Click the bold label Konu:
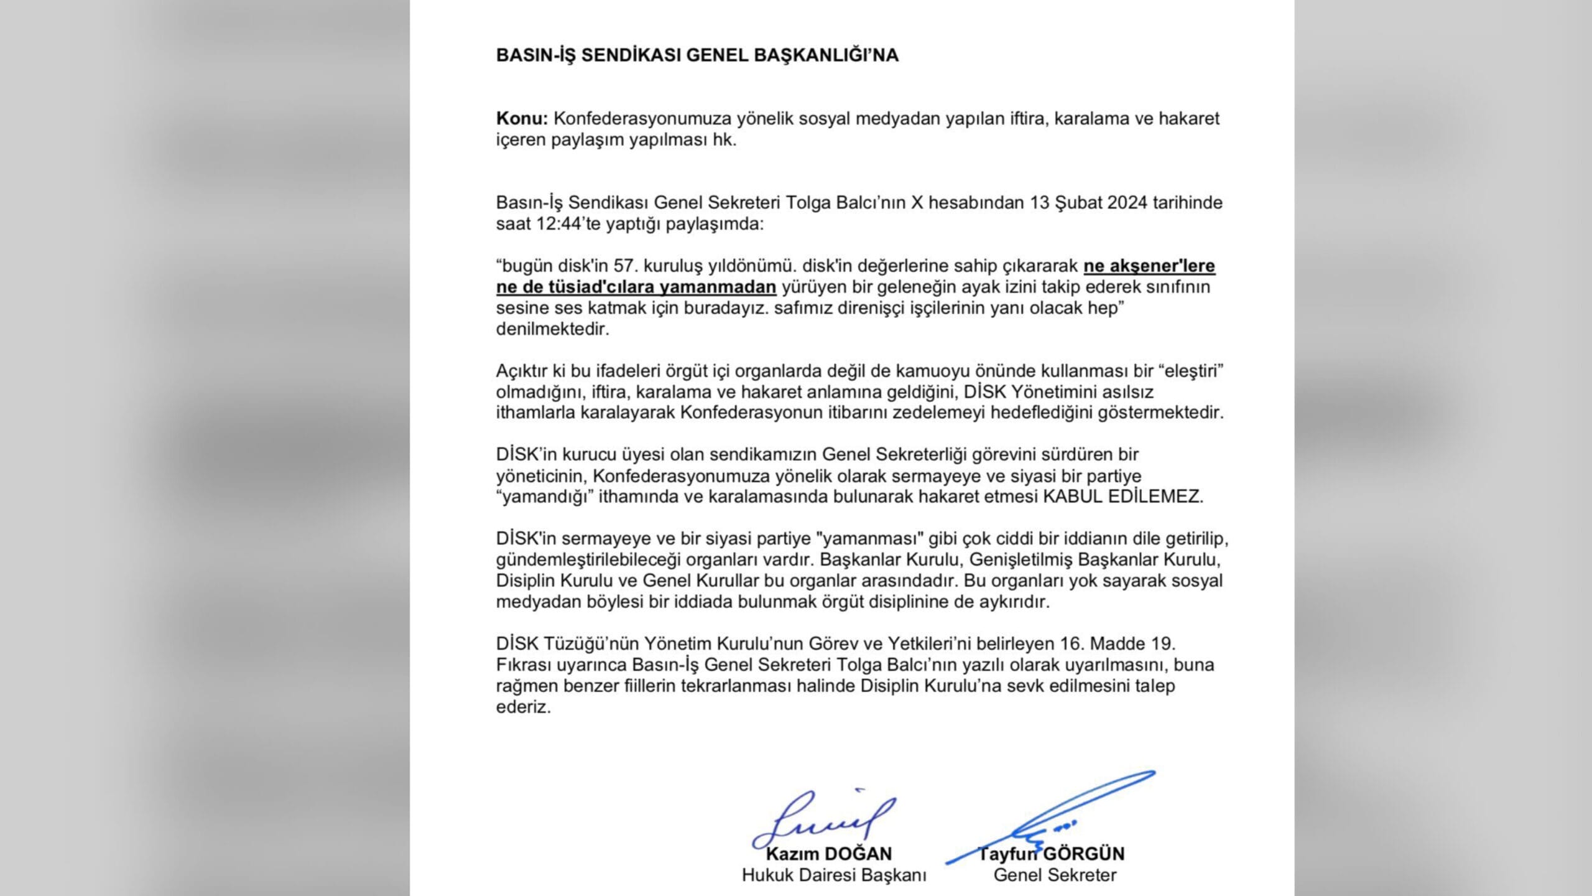pos(522,118)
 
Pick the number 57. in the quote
pos(627,266)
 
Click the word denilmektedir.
pos(552,329)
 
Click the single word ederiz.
pos(523,707)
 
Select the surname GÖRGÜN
pos(1088,854)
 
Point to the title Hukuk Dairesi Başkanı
pos(833,875)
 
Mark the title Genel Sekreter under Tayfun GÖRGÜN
pos(1055,875)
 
